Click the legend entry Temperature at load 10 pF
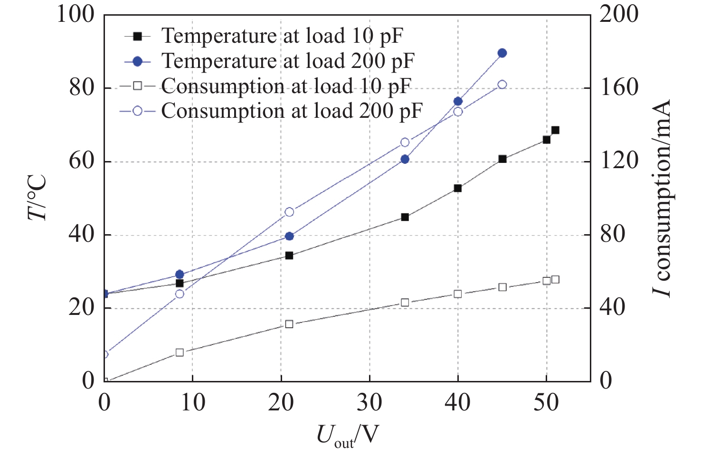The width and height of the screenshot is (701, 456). pos(282,36)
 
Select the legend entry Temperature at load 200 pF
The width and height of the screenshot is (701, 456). pos(287,61)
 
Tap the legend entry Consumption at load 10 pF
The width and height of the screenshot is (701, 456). pos(285,86)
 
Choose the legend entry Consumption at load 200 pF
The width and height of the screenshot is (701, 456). pos(291,111)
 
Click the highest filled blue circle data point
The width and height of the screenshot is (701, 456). pos(502,53)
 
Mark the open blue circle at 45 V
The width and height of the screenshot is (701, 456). pos(502,85)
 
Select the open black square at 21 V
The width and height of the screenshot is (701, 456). pos(289,324)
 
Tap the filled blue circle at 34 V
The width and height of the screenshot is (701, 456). pos(405,159)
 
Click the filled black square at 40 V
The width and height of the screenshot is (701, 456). pos(458,188)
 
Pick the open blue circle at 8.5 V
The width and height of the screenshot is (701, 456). pos(180,294)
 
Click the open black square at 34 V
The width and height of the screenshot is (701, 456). pos(405,303)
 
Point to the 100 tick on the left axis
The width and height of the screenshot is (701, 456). pos(76,14)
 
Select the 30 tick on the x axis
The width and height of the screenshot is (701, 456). pos(369,403)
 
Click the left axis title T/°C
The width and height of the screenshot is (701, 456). pos(37,198)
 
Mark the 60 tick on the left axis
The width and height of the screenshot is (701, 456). pos(82,161)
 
